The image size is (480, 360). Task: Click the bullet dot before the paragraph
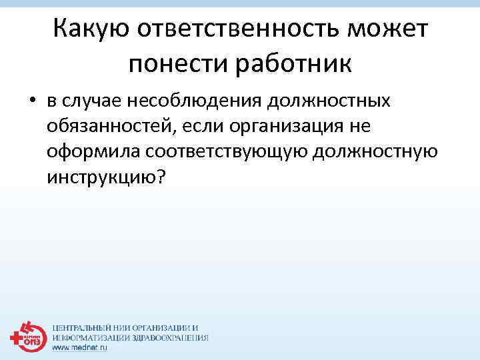[x=31, y=102]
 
